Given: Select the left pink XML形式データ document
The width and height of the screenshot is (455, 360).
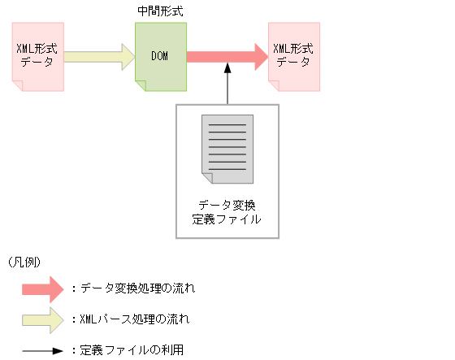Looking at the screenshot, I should coord(36,56).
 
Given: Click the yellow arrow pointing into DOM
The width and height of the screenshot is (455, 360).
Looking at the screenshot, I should coord(98,56).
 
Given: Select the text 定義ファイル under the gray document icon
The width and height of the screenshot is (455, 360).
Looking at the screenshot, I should coord(227,219).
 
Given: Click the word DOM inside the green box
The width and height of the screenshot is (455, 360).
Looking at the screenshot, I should coord(161,56).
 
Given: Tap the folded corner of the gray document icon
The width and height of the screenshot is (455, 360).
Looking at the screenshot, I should coord(206,178).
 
